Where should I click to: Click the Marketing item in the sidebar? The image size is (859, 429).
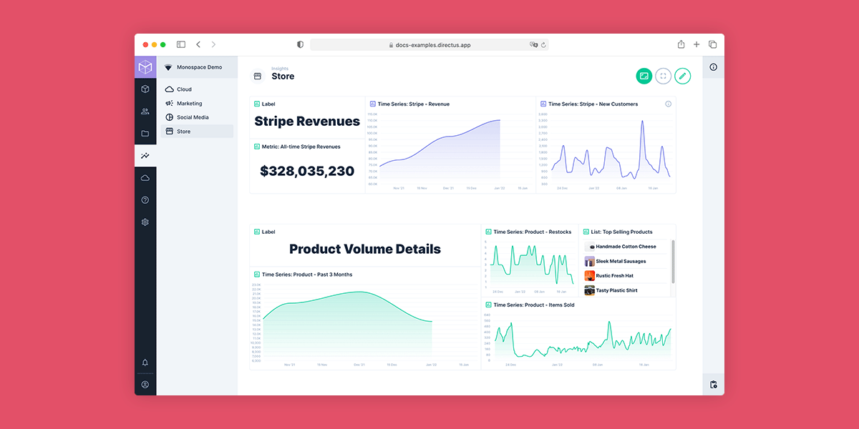(189, 104)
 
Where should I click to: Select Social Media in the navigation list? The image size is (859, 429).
(193, 117)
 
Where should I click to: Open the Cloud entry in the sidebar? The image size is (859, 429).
(184, 89)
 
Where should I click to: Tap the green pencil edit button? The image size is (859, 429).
(682, 76)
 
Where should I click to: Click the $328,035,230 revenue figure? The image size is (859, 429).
(307, 171)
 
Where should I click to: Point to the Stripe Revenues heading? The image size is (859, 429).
(307, 121)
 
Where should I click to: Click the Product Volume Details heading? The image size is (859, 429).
(364, 249)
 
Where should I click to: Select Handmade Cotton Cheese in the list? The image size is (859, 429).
(626, 247)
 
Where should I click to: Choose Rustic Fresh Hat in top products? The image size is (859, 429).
(614, 276)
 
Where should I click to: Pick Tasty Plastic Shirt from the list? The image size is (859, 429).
(616, 290)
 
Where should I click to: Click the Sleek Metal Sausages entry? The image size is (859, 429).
(621, 262)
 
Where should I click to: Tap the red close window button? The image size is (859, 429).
(146, 44)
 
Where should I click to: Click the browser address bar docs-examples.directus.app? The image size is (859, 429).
(429, 44)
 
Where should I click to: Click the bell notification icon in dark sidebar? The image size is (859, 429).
(145, 363)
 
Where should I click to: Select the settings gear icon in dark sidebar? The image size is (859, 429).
(145, 222)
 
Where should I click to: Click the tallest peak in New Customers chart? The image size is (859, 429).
(641, 122)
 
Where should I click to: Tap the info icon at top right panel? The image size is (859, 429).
(713, 67)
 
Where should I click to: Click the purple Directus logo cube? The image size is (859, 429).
(145, 67)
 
